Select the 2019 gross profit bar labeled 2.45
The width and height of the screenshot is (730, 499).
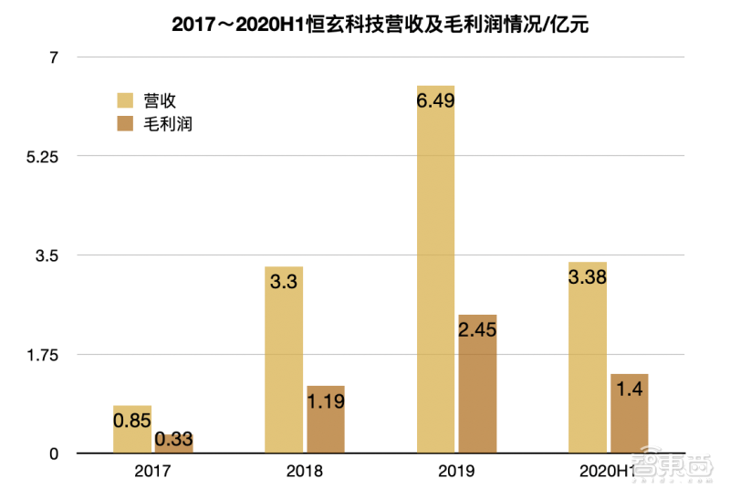point(477,383)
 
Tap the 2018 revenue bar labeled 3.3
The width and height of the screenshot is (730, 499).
point(284,359)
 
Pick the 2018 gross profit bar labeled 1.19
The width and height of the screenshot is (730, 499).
point(326,420)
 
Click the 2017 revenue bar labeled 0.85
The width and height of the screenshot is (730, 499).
point(132,429)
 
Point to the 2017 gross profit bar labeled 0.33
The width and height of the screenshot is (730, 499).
point(173,442)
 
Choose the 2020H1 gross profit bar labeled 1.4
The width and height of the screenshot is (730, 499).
point(629,413)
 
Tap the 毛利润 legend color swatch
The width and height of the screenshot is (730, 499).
point(125,123)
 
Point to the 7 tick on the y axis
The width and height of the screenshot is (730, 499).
point(53,57)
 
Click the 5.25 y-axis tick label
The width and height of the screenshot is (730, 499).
point(40,156)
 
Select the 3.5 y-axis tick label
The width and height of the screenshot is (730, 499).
point(47,255)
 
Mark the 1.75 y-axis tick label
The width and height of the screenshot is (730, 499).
point(40,354)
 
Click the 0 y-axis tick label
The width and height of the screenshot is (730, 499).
point(53,453)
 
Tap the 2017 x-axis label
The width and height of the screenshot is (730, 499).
point(152,473)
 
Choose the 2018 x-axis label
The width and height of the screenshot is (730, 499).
point(304,473)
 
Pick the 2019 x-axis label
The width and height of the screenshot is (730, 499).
point(456,473)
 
